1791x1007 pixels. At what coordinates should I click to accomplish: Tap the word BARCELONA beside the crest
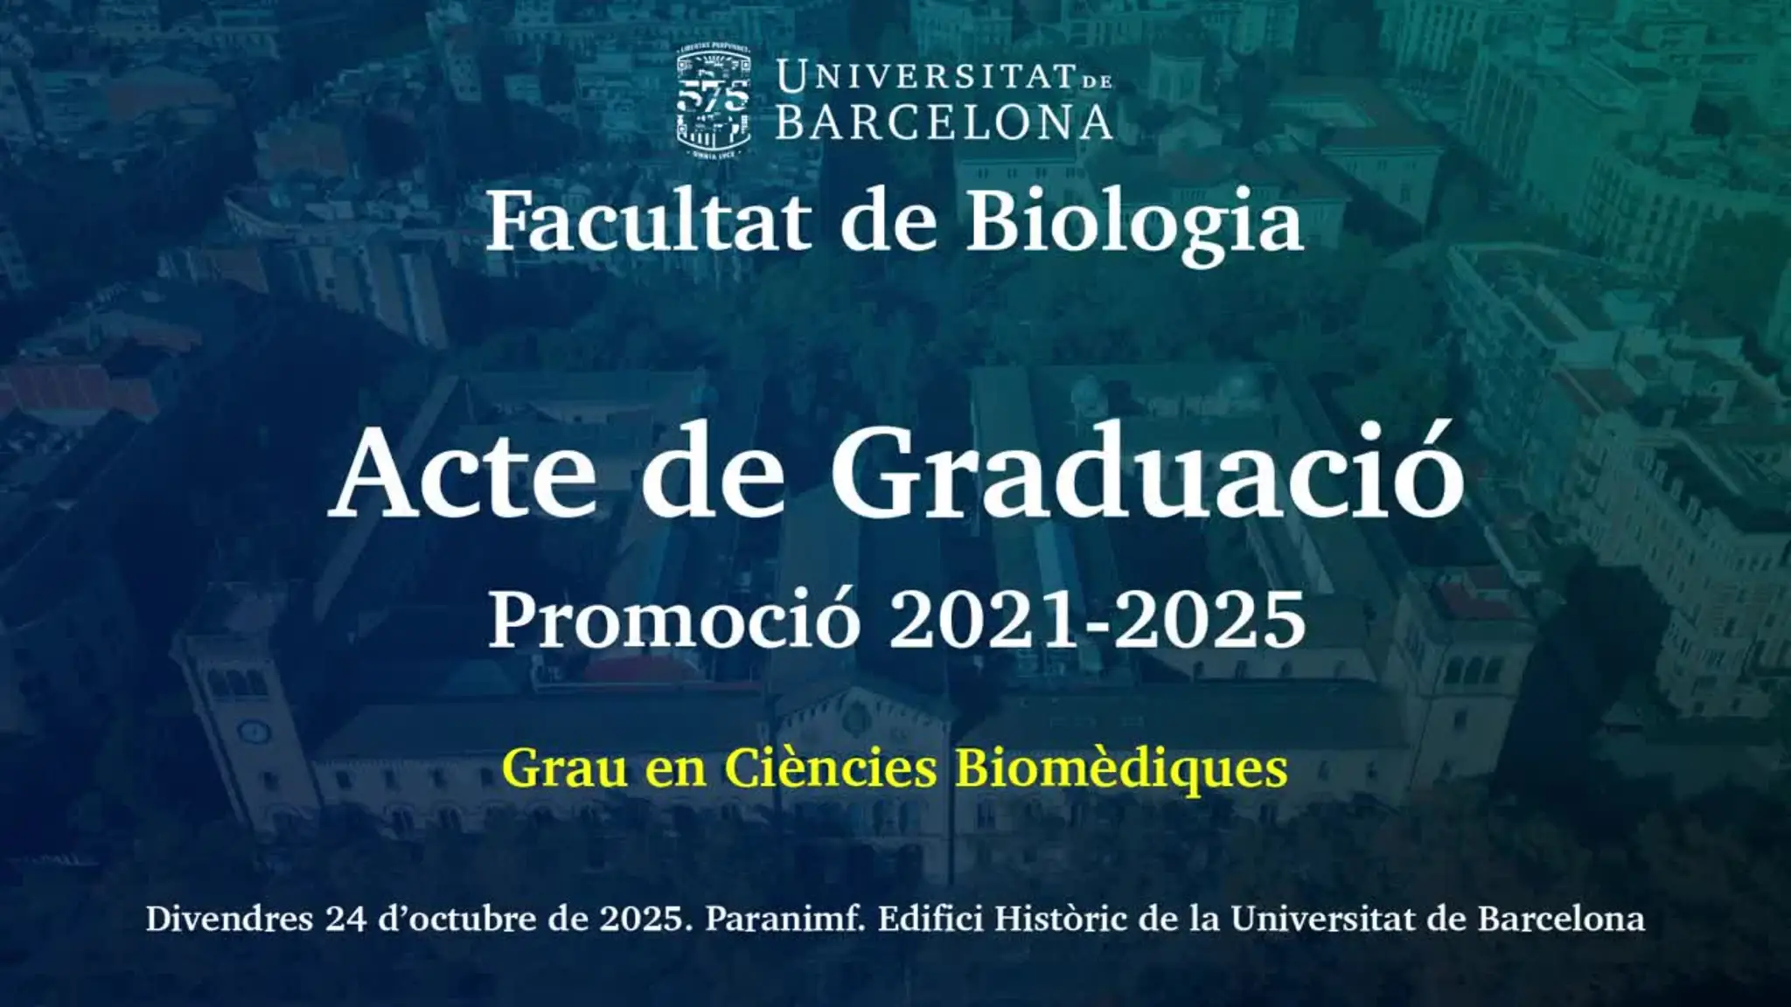click(x=944, y=123)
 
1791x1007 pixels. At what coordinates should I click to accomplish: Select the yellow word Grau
click(x=565, y=769)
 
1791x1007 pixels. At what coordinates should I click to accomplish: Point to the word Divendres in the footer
click(x=229, y=919)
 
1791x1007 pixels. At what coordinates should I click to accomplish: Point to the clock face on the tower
click(x=254, y=731)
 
